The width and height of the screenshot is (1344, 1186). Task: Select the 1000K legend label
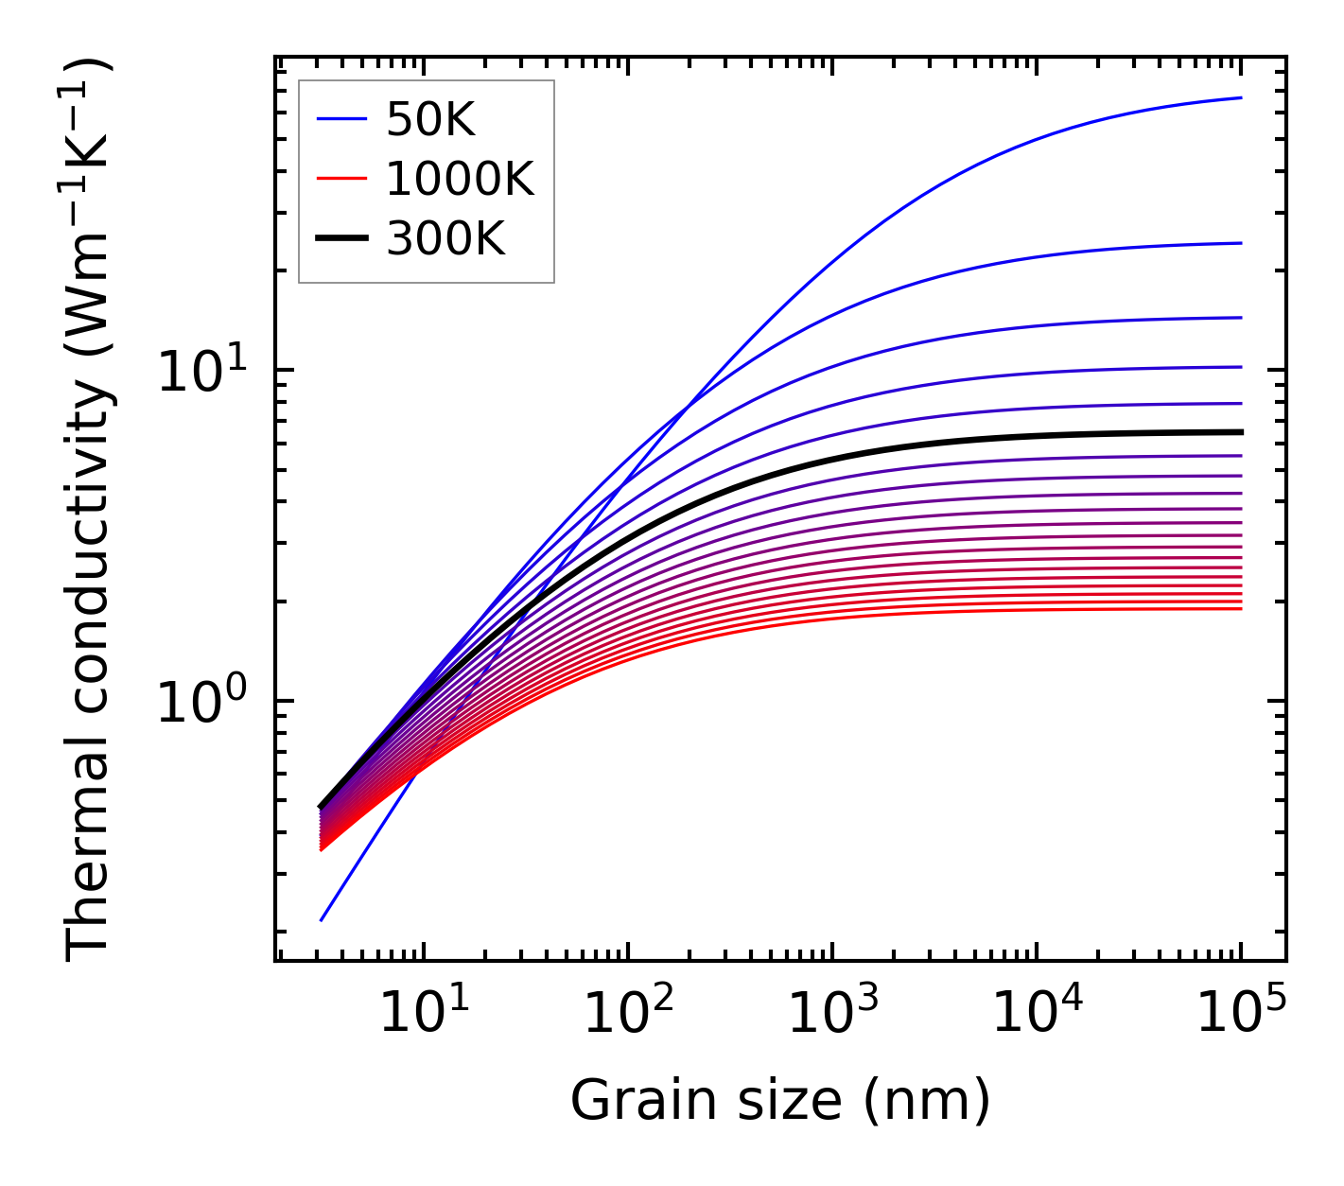(x=460, y=179)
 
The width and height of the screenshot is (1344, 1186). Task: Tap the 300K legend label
(x=445, y=239)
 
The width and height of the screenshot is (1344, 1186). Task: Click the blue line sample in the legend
(x=340, y=119)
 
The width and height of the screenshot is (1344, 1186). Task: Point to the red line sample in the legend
(x=340, y=179)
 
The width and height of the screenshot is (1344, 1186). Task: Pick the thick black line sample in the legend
(x=340, y=239)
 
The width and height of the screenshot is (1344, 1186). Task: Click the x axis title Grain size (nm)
(x=780, y=1101)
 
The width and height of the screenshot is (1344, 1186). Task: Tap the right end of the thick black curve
(x=1241, y=432)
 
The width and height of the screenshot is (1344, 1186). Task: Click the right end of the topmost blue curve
(x=1241, y=97)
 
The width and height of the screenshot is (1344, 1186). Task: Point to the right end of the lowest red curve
(x=1241, y=608)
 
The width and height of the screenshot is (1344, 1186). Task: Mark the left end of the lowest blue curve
(x=322, y=919)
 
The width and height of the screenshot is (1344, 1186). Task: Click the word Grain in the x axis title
(x=627, y=1101)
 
